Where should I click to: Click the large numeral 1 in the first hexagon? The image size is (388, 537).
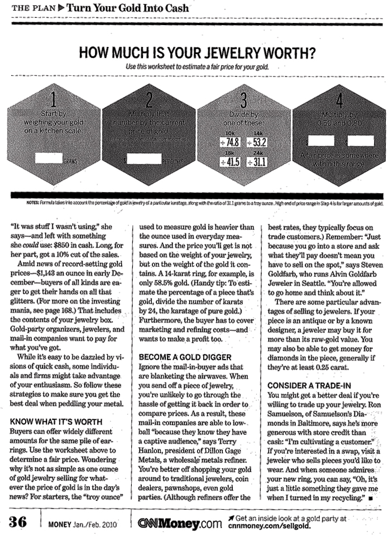point(54,100)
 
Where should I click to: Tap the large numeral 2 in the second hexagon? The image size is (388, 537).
point(149,100)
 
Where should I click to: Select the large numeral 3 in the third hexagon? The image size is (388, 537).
point(243,100)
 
